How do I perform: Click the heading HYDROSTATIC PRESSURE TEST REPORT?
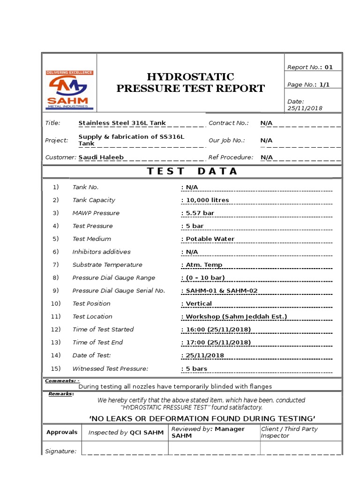[x=190, y=82]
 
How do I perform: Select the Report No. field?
[x=310, y=67]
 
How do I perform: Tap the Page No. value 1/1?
[x=325, y=85]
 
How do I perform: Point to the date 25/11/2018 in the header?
[x=305, y=108]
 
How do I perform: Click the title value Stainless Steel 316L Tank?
[x=122, y=123]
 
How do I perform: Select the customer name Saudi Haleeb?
[x=101, y=157]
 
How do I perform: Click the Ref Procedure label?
[x=231, y=157]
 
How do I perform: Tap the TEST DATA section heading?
[x=192, y=172]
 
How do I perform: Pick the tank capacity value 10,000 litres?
[x=207, y=200]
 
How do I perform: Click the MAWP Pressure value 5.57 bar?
[x=200, y=213]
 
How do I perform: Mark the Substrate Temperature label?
[x=107, y=265]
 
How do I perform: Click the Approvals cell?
[x=62, y=432]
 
